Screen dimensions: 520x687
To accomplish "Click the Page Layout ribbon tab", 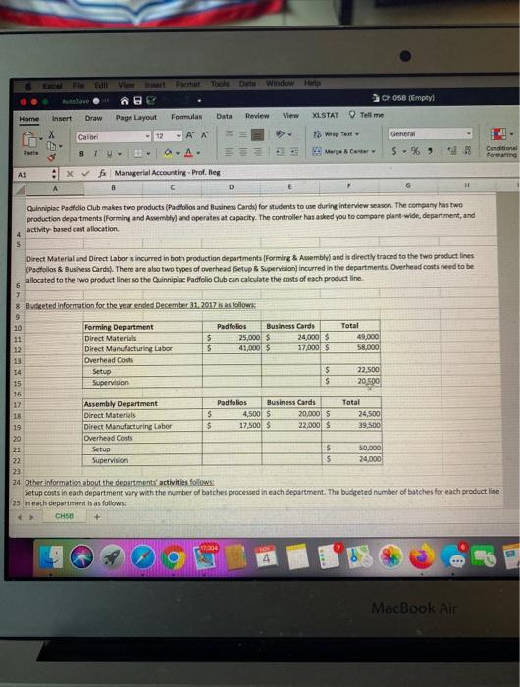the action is pos(137,117).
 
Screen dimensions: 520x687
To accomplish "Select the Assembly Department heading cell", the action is pos(123,403).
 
